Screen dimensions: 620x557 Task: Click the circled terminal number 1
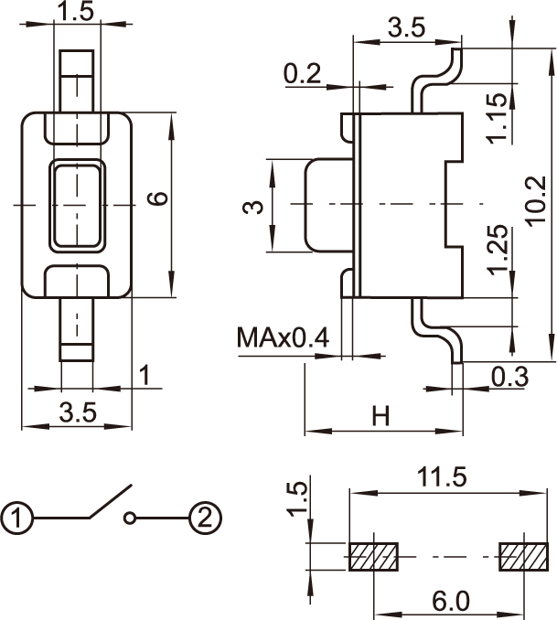(x=17, y=519)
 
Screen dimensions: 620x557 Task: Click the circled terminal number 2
(x=205, y=519)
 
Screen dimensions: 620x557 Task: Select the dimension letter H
(x=380, y=417)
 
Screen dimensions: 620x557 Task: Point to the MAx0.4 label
(x=283, y=339)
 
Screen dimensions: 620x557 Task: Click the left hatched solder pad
(x=374, y=556)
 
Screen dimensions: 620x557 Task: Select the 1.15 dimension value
(x=498, y=119)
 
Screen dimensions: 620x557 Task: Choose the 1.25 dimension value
(x=498, y=252)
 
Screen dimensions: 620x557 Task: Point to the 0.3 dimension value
(x=508, y=376)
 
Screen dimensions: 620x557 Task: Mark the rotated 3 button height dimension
(x=257, y=207)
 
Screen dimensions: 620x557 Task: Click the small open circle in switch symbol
(x=132, y=519)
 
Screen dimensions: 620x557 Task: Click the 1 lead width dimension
(x=144, y=374)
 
